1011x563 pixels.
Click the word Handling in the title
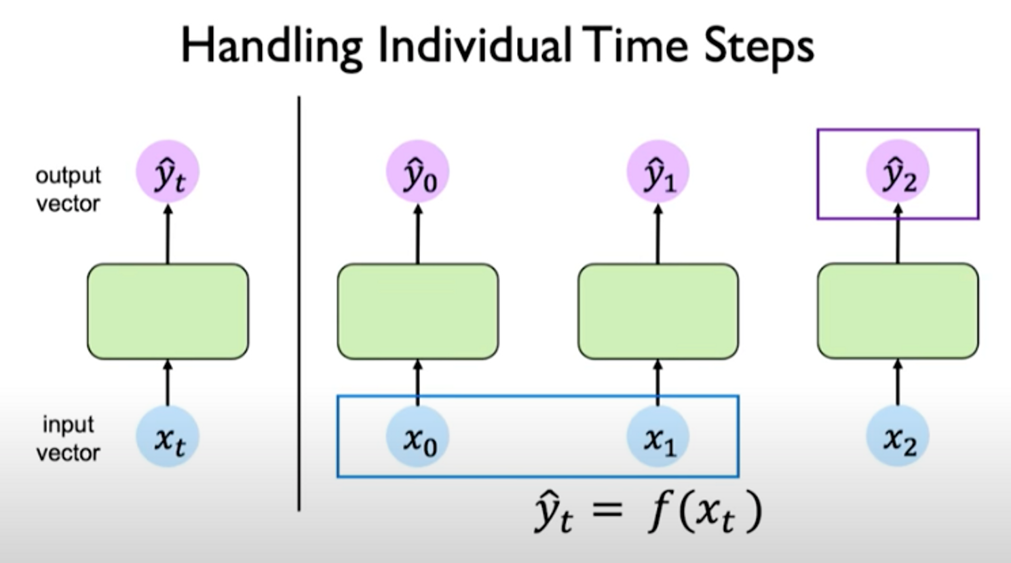point(271,47)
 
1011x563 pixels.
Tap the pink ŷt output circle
point(168,172)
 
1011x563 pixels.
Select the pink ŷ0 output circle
point(417,172)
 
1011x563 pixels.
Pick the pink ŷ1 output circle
point(657,172)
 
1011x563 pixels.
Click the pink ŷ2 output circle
point(898,172)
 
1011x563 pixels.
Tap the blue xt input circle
point(168,438)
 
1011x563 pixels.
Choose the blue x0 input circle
point(417,438)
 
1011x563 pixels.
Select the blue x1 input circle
point(657,438)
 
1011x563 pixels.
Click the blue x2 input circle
point(898,438)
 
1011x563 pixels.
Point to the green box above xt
point(168,311)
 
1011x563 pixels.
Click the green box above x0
point(417,311)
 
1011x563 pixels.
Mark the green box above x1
point(657,311)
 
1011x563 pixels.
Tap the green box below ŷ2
point(898,311)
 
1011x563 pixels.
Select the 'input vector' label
point(68,438)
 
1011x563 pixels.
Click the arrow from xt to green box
point(168,383)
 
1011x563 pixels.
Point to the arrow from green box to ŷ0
point(417,234)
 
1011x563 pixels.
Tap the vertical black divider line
point(299,305)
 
